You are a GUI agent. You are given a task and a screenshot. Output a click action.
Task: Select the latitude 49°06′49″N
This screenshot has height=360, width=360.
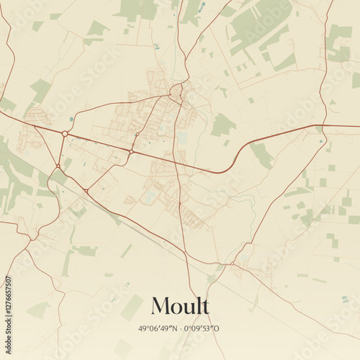coord(159,329)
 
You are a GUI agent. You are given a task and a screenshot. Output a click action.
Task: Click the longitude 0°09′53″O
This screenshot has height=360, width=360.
coord(203,329)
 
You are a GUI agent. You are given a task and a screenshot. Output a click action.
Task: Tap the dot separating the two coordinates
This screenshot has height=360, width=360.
coord(182,329)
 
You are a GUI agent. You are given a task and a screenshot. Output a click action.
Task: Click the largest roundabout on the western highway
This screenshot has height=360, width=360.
coord(65,133)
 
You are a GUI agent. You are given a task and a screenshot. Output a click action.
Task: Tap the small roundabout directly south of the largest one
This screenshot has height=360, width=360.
coord(58,166)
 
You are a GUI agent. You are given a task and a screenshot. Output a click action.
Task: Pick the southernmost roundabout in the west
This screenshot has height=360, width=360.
coord(86,190)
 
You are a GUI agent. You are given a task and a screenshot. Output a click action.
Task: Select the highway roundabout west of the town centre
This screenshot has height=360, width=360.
coord(132,151)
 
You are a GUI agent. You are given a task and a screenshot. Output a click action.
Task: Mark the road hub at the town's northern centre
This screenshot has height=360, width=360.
coord(174,92)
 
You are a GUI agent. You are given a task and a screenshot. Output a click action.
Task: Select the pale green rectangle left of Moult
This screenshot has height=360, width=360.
coord(132,307)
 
